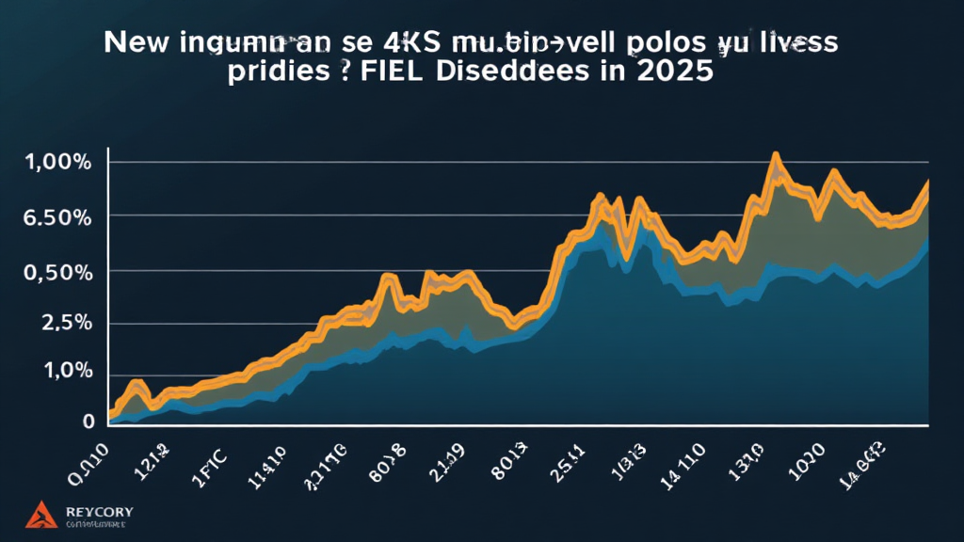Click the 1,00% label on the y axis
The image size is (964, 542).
pyautogui.click(x=56, y=163)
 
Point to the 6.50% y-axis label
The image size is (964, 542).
pyautogui.click(x=56, y=217)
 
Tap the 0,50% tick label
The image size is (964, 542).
pyautogui.click(x=56, y=272)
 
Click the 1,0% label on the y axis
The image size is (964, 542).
pyautogui.click(x=62, y=372)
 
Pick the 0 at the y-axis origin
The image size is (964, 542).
pyautogui.click(x=88, y=421)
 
